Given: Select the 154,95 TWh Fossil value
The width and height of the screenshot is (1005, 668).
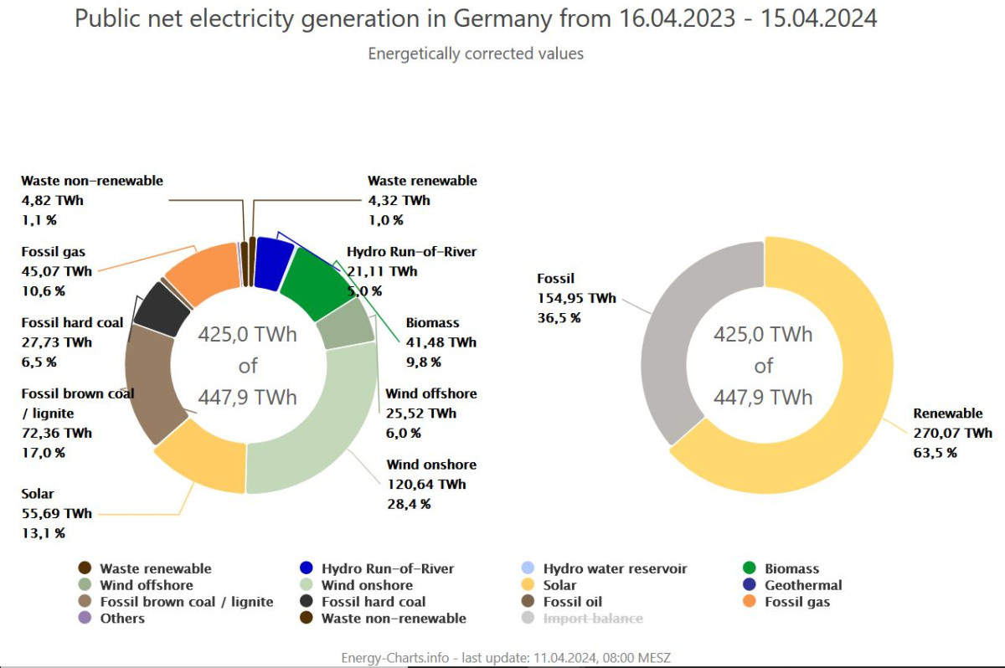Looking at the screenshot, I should tap(576, 298).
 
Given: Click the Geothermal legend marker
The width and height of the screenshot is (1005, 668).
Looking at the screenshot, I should tap(750, 585).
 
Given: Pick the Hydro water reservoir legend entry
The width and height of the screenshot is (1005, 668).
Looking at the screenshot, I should tap(615, 568).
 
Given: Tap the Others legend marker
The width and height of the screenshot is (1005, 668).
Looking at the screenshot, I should tap(85, 619).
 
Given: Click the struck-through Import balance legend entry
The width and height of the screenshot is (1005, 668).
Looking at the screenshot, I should tap(593, 619).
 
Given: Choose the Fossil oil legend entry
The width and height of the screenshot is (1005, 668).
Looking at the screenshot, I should tap(573, 602).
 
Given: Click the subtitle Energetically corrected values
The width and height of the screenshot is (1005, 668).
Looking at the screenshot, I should tap(476, 54).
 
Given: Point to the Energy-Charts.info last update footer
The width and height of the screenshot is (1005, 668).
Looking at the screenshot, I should tap(506, 658).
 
